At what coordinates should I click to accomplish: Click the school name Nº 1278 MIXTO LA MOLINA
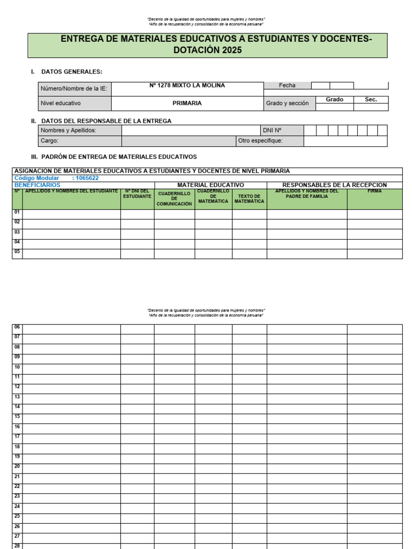coord(187,86)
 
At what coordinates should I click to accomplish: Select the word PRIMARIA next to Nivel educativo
coord(187,103)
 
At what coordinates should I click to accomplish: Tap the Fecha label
coord(287,86)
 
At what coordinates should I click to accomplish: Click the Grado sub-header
coord(334,100)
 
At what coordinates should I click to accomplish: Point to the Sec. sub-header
coord(371,100)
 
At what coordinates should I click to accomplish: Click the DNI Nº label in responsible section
coord(272,130)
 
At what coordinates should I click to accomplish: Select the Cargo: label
coord(49,141)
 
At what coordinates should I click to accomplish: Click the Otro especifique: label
coord(260,141)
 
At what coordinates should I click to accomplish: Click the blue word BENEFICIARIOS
coord(37,185)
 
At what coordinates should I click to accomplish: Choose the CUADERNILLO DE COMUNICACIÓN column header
coord(174,199)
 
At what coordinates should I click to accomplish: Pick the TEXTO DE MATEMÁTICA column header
coord(249,199)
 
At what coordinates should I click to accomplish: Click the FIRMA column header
coord(374,191)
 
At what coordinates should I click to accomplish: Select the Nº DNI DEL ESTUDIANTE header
coord(137,194)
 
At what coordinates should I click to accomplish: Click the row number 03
coord(17,233)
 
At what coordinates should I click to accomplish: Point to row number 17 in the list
coord(17,437)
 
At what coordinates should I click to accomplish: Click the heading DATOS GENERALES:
coord(71,72)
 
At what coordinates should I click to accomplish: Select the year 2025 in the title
coord(230,50)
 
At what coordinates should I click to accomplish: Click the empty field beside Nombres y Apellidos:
coord(190,130)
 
